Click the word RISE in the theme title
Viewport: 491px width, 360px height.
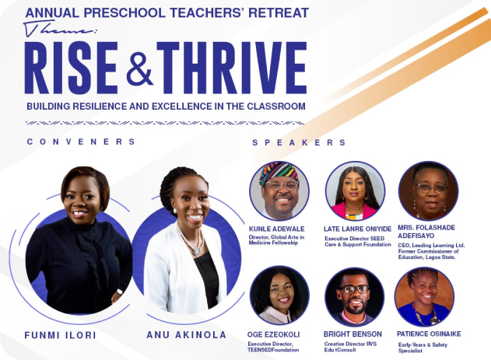[72, 68]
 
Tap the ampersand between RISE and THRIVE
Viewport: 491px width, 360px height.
[139, 69]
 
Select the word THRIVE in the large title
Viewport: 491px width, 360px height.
[232, 68]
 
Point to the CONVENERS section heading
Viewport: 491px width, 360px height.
[81, 142]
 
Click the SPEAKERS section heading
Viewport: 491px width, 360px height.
[299, 142]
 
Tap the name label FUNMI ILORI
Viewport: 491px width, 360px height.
[60, 335]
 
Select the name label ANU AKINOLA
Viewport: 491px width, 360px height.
[186, 335]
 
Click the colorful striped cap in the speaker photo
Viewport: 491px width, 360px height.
[279, 172]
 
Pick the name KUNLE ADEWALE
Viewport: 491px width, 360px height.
[276, 229]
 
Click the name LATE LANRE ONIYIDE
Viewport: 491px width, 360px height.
[357, 229]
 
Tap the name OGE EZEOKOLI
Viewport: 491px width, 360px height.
[273, 334]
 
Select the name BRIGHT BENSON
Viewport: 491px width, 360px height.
[352, 334]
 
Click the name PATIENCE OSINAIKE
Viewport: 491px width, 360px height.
[429, 334]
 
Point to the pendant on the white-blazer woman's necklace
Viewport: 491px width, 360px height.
[196, 251]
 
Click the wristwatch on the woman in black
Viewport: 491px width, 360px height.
[120, 292]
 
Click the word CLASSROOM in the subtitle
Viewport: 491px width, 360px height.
[276, 107]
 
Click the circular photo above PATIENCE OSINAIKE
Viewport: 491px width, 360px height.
[425, 297]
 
